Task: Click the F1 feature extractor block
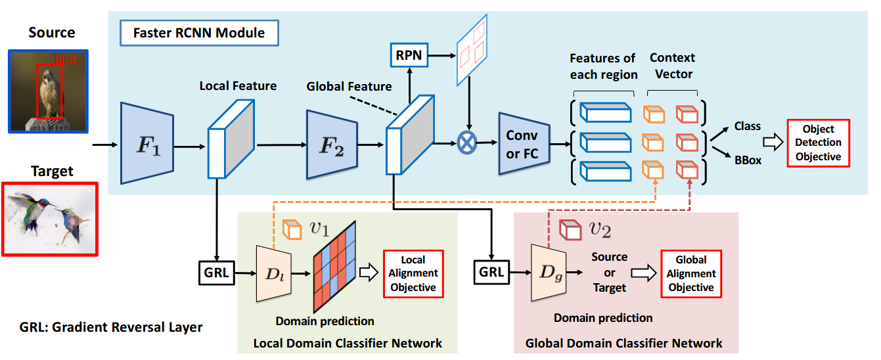coord(147,143)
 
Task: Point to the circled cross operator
coord(468,143)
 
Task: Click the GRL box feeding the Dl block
coord(217,271)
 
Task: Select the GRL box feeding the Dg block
coord(490,271)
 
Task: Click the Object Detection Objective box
coord(818,143)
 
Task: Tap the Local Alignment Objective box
coord(413,274)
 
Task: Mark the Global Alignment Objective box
coord(690,274)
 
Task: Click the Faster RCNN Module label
coord(199,32)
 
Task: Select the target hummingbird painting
coord(49,219)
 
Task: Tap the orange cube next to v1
coord(290,229)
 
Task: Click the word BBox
coord(748,160)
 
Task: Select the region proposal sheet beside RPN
coord(472,49)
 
